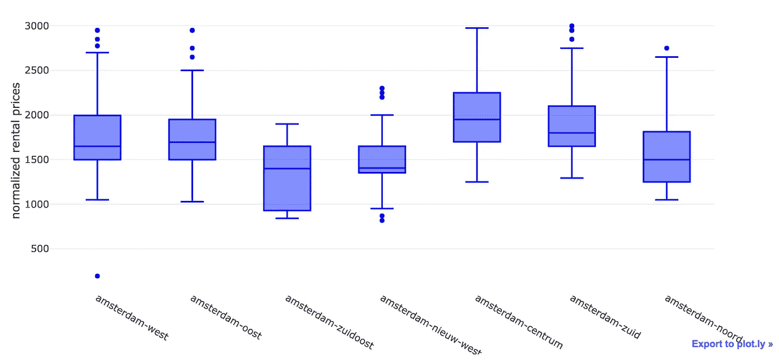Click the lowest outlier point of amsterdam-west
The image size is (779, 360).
point(97,276)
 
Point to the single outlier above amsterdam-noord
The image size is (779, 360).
point(667,48)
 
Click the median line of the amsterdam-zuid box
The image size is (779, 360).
point(571,132)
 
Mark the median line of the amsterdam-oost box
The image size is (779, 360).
point(192,142)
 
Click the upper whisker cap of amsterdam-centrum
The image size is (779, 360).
point(477,28)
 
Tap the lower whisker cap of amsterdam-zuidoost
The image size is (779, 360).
point(287,218)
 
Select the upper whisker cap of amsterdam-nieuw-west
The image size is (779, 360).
point(382,115)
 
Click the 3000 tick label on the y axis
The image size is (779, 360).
point(37,26)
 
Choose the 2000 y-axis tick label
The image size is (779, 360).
point(37,115)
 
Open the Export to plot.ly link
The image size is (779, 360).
point(732,344)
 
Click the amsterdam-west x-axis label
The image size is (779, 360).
point(132,317)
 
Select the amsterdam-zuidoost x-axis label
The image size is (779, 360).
point(329,322)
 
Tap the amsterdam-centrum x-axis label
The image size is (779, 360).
point(519,322)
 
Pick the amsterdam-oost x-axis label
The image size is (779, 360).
point(226,317)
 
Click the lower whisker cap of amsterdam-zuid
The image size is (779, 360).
point(571,178)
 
